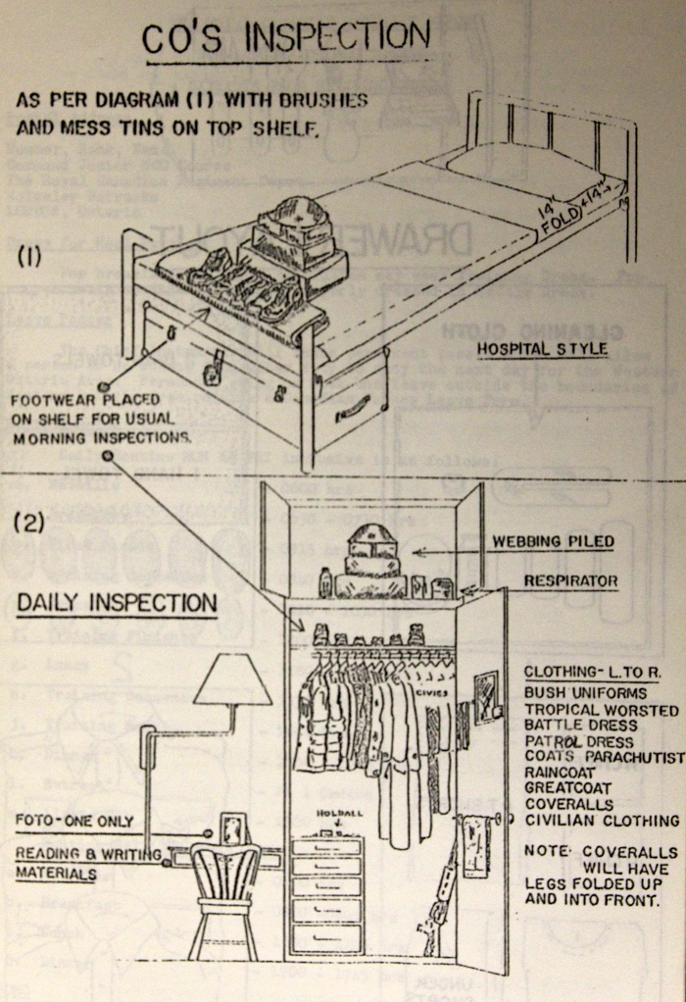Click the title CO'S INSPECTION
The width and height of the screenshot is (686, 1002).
click(x=286, y=38)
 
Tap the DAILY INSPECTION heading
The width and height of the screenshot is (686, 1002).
click(x=116, y=601)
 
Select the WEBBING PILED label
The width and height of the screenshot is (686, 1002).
click(x=555, y=541)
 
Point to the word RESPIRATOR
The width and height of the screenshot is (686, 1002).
click(x=570, y=580)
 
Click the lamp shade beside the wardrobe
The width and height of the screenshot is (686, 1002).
click(x=232, y=679)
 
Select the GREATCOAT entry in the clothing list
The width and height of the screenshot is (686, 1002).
click(x=569, y=787)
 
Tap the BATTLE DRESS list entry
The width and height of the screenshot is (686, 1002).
click(x=581, y=725)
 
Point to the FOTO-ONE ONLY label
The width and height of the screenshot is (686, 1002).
click(x=74, y=821)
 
